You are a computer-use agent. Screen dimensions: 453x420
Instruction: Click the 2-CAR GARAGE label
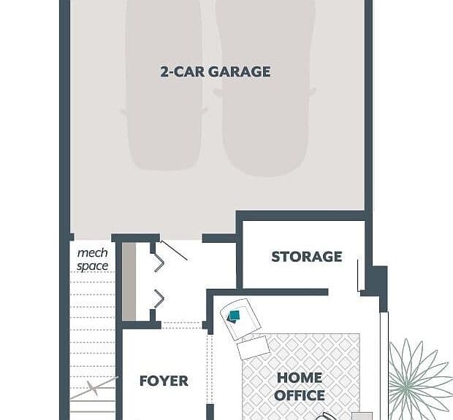point(216,71)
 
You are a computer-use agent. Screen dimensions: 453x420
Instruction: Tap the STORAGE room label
point(307,257)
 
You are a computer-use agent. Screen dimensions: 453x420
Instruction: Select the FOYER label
point(164,381)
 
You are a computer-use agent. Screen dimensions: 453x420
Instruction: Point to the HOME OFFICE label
point(300,386)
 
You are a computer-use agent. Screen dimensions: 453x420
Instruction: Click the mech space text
point(93,260)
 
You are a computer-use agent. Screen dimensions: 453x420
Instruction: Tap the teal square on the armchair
point(234,316)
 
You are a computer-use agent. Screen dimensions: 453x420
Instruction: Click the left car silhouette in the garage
point(164,84)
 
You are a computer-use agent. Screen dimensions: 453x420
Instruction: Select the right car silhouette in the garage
point(265,87)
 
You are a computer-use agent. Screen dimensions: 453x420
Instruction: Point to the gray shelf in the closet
point(129,281)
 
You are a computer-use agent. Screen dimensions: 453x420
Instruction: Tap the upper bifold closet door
point(159,262)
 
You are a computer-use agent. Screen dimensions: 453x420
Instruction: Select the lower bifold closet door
point(159,299)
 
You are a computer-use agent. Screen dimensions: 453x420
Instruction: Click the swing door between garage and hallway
point(174,251)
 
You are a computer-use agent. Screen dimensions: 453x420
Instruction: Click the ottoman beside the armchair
point(254,347)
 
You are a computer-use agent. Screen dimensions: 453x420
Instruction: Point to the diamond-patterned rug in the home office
point(301,376)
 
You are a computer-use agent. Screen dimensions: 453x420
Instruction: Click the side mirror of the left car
point(123,112)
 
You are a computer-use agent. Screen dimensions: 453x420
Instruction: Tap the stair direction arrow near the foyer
point(94,388)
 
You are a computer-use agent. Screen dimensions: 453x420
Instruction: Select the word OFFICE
point(300,395)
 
